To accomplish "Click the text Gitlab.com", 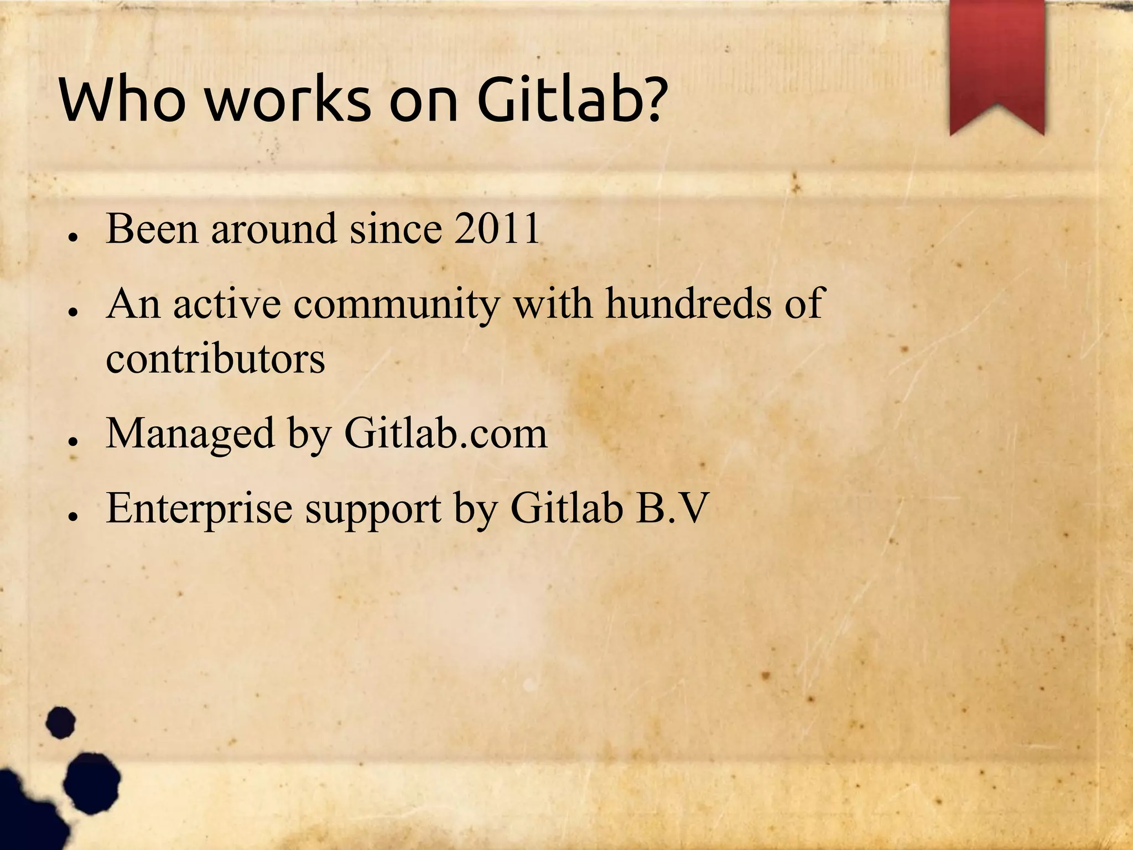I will click(445, 434).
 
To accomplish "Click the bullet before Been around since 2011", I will click(72, 237).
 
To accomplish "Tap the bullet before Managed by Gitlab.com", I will click(72, 442).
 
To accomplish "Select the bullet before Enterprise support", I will click(72, 517).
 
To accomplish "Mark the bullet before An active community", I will click(72, 312).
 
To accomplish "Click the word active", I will click(227, 304).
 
